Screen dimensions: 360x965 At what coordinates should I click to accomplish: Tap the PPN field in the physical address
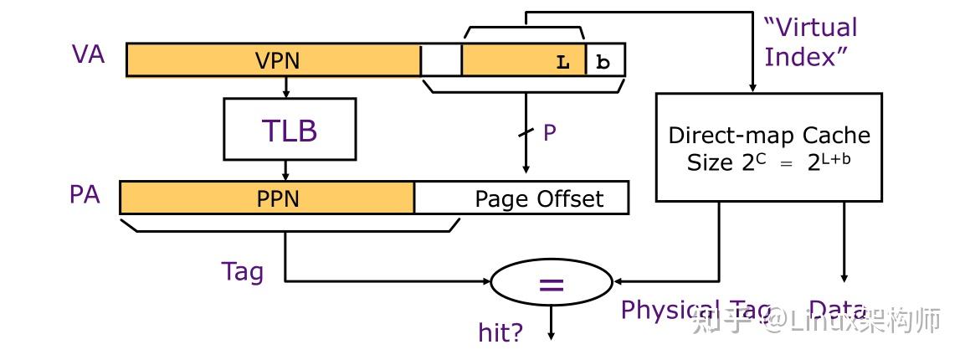tap(268, 198)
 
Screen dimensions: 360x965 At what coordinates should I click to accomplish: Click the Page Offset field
tap(538, 198)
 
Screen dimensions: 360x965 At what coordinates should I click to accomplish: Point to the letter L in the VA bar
tap(563, 62)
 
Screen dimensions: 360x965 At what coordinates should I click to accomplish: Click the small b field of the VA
tap(604, 62)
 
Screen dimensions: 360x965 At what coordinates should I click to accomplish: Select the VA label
tap(89, 55)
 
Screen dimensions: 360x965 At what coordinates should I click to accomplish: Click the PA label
tap(85, 195)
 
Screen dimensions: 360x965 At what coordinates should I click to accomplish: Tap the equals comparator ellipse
tap(551, 285)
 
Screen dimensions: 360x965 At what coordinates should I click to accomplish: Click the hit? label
tap(500, 332)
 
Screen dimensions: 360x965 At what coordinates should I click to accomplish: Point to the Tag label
tap(243, 271)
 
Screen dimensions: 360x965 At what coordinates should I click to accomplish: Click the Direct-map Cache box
tap(768, 147)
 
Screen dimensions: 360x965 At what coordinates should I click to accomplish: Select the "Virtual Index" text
tap(810, 43)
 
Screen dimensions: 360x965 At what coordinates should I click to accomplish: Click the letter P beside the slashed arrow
tap(550, 133)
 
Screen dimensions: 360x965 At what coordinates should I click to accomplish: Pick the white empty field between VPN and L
tap(441, 60)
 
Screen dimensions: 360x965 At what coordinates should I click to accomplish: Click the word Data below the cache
tap(837, 311)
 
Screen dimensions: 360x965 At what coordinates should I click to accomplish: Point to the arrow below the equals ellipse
tap(551, 322)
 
